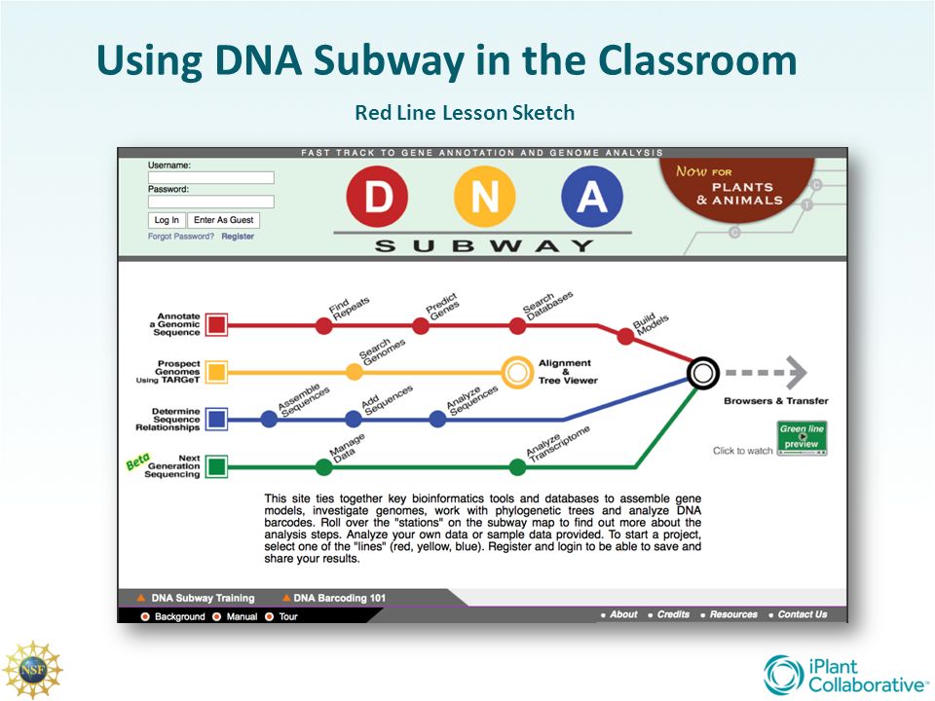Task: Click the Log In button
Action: tap(167, 220)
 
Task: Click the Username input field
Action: tap(210, 178)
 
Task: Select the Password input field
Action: tap(210, 202)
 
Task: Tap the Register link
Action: tap(238, 237)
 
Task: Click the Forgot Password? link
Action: tap(181, 237)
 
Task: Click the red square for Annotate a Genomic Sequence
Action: tap(216, 325)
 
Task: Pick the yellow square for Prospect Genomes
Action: tap(216, 371)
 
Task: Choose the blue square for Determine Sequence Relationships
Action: tap(216, 420)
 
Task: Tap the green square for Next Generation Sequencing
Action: tap(216, 467)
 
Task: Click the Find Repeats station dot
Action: tap(324, 325)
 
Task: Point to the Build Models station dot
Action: tap(625, 337)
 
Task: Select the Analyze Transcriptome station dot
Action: tap(517, 467)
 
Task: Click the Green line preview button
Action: tap(802, 438)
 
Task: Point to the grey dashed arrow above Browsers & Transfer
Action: tap(767, 372)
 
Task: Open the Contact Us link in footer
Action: tap(802, 614)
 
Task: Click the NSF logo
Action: tap(32, 671)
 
